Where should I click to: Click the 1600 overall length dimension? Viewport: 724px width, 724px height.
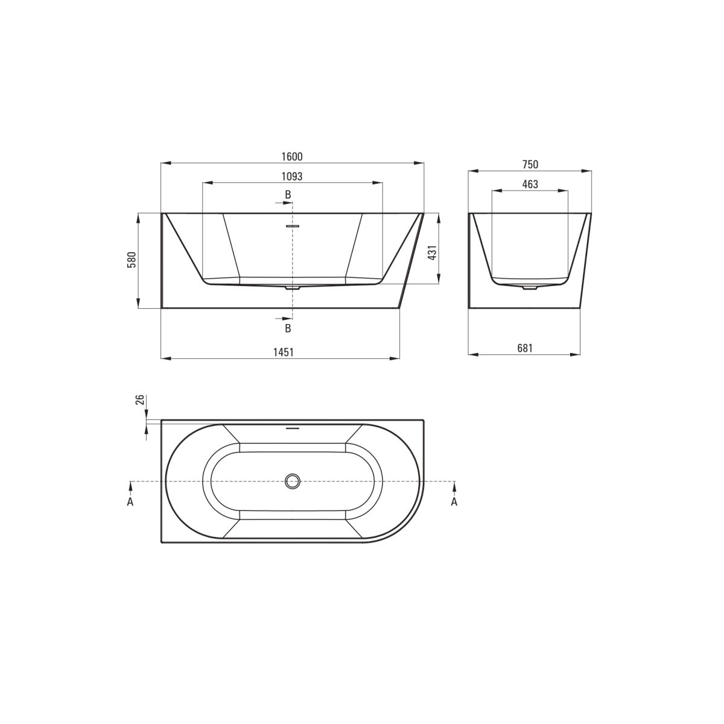pos(292,156)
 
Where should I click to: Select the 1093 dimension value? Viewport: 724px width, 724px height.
pos(292,176)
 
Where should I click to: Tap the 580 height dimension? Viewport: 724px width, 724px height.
pos(132,259)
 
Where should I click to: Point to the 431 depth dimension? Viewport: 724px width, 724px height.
pos(433,252)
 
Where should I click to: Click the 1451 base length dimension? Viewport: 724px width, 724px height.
pos(284,352)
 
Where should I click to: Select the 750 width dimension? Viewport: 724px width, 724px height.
pos(530,165)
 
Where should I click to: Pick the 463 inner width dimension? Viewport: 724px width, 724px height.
pos(530,184)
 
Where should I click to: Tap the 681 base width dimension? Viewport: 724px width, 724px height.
pos(525,348)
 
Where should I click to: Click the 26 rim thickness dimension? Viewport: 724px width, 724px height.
pos(140,399)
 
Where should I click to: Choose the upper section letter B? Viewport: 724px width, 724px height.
pos(288,195)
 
